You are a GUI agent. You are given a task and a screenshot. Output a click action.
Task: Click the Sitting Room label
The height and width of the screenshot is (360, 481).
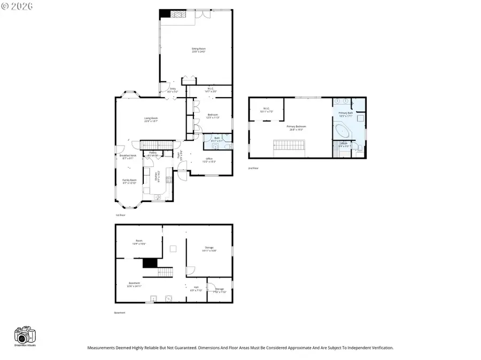[x=199, y=50]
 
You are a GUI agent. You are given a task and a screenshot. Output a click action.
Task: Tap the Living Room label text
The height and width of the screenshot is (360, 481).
[x=151, y=119]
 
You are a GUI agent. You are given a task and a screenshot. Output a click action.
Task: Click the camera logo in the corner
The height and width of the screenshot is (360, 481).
[x=25, y=335]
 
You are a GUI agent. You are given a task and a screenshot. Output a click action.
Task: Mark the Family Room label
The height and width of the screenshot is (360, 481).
[x=129, y=181]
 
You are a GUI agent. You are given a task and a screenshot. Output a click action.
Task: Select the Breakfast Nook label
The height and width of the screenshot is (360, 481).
[x=128, y=157]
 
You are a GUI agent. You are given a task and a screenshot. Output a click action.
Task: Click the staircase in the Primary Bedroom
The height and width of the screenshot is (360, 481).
[x=289, y=145]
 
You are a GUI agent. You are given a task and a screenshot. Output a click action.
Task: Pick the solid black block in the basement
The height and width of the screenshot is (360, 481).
[x=150, y=263]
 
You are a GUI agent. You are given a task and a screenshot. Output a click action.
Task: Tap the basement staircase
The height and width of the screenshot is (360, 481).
[x=166, y=273]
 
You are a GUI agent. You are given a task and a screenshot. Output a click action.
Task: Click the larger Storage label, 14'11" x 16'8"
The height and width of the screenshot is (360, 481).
[x=209, y=249]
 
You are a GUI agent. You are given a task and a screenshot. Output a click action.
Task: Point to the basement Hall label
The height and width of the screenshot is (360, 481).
[x=196, y=288]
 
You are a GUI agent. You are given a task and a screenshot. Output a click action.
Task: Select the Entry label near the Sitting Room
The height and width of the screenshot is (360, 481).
[x=173, y=90]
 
